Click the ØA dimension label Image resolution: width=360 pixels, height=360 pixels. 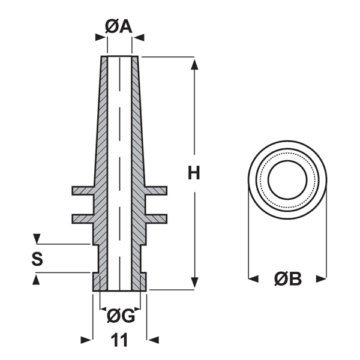coord(119,26)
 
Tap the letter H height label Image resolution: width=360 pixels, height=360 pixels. coord(193,173)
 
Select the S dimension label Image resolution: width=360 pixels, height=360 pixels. coord(37,259)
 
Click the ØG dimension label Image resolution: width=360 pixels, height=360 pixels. coord(120,314)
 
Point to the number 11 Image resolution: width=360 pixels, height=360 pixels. coord(120,340)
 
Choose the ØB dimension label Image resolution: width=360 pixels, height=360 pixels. coord(288,279)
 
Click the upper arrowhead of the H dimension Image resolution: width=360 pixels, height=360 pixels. coord(194,63)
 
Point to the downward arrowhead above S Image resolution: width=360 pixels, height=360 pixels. coord(37,239)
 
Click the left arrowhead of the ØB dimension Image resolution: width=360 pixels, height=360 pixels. coord(254,278)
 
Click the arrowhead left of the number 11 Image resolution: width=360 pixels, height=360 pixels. coord(86,340)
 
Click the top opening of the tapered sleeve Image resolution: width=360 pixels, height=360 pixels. coord(119,58)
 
